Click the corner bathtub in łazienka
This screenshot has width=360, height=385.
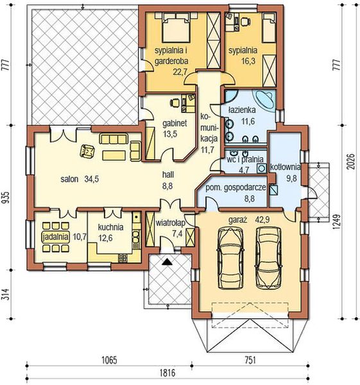[x=265, y=99]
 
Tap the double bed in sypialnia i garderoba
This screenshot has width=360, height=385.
[x=176, y=28]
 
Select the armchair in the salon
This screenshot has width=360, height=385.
[x=87, y=151]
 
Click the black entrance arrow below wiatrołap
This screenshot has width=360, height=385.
[x=167, y=262]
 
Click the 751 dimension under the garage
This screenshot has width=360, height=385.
[x=250, y=360]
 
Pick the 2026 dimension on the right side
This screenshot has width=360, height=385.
[x=352, y=162]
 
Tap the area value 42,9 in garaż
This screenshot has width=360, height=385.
[x=262, y=219]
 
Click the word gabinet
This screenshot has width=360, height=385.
[x=175, y=123]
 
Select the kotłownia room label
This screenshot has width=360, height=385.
[x=285, y=167]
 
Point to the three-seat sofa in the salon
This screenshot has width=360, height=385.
[x=114, y=139]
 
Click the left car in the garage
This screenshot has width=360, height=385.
[x=230, y=257]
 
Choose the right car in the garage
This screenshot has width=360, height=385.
[x=268, y=257]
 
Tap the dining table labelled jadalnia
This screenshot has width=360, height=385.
[x=55, y=237]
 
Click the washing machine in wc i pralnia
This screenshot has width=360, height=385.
[x=262, y=168]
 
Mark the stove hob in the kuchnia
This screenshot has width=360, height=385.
[x=123, y=258]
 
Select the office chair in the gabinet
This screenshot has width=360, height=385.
[x=175, y=102]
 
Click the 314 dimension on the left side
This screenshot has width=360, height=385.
[x=6, y=294]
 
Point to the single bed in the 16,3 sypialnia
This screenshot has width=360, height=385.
[x=269, y=28]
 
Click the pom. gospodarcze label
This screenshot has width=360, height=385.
[x=236, y=187]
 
